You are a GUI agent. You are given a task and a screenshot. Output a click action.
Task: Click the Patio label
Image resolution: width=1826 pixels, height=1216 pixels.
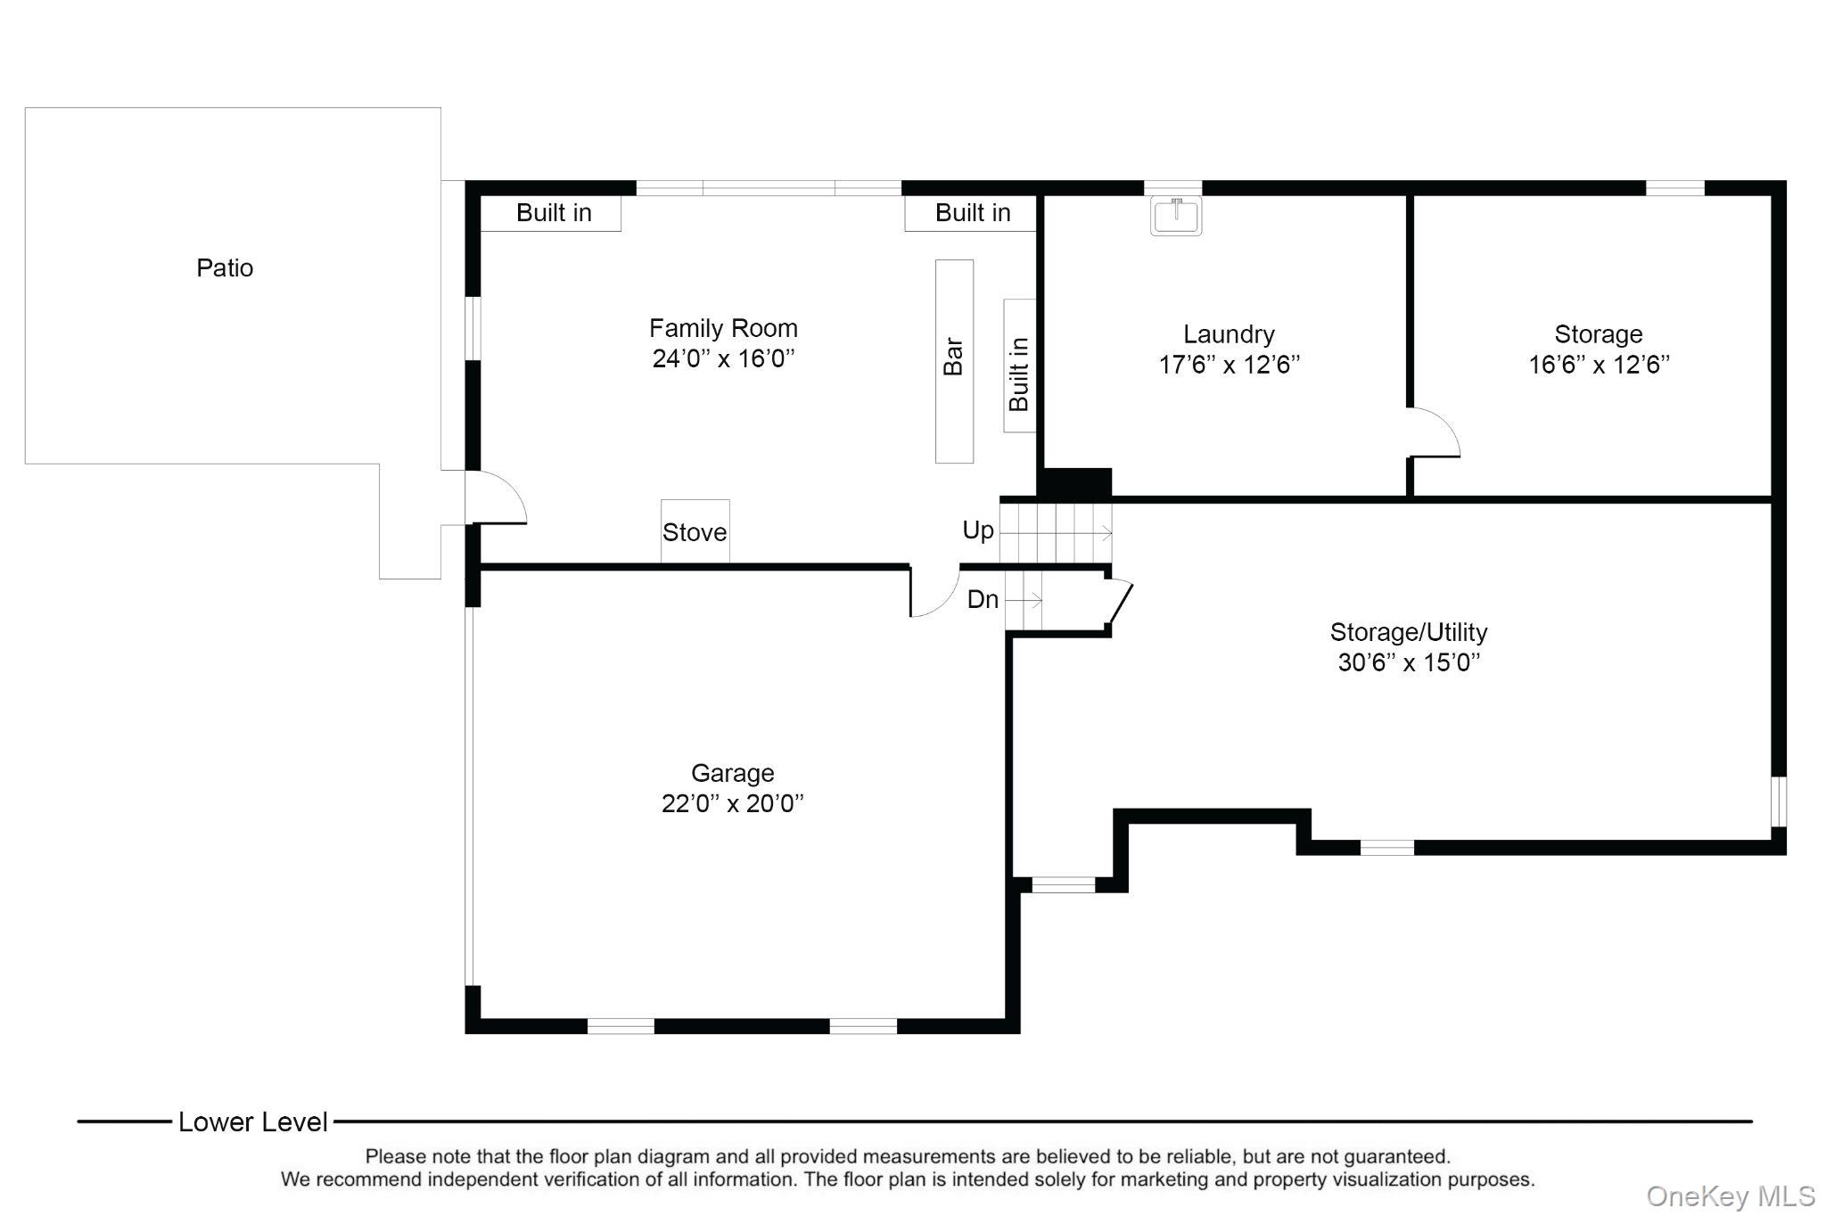tap(225, 267)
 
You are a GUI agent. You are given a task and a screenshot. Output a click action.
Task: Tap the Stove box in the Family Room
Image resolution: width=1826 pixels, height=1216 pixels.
tap(695, 531)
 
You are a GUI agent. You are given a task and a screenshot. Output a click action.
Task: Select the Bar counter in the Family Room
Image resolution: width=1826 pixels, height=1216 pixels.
tap(954, 361)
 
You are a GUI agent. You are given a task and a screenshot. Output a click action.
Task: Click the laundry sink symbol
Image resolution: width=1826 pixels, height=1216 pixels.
tap(1176, 216)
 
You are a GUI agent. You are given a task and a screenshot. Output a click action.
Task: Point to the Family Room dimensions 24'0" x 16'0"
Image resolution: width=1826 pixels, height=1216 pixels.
tap(723, 358)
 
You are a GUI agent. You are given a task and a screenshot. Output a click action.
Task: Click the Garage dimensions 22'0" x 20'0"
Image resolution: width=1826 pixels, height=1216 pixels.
tap(732, 803)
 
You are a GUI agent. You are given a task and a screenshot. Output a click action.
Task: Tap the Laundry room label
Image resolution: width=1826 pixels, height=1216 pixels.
tap(1229, 334)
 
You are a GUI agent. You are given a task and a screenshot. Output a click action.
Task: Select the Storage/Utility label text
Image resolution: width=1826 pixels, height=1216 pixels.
tap(1409, 632)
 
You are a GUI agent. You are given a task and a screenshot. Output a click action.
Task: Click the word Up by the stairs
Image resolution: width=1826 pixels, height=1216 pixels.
tap(978, 530)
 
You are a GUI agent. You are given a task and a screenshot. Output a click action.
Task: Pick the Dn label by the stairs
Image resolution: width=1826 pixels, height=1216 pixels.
tap(983, 599)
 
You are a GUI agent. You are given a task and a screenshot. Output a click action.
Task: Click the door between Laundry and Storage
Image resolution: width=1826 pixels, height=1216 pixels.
tap(1433, 432)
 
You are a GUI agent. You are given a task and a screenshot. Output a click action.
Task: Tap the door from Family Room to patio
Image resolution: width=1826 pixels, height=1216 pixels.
tap(496, 497)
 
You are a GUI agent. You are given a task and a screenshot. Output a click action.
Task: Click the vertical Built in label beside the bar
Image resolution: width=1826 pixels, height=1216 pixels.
tap(1019, 374)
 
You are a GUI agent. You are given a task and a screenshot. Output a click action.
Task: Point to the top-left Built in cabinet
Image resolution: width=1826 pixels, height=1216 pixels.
tap(551, 213)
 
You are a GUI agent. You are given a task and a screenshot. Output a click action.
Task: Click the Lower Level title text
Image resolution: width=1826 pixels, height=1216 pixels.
tap(253, 1122)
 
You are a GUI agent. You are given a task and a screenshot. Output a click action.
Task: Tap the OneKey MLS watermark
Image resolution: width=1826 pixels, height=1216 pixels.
tap(1731, 1195)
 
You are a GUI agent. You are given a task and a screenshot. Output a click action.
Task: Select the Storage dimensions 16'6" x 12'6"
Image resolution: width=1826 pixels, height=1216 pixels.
tap(1599, 365)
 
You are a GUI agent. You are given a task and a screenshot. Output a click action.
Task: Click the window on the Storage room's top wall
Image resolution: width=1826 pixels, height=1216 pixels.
tap(1674, 188)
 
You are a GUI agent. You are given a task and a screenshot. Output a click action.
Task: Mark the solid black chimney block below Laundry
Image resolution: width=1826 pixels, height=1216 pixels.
tap(1074, 483)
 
